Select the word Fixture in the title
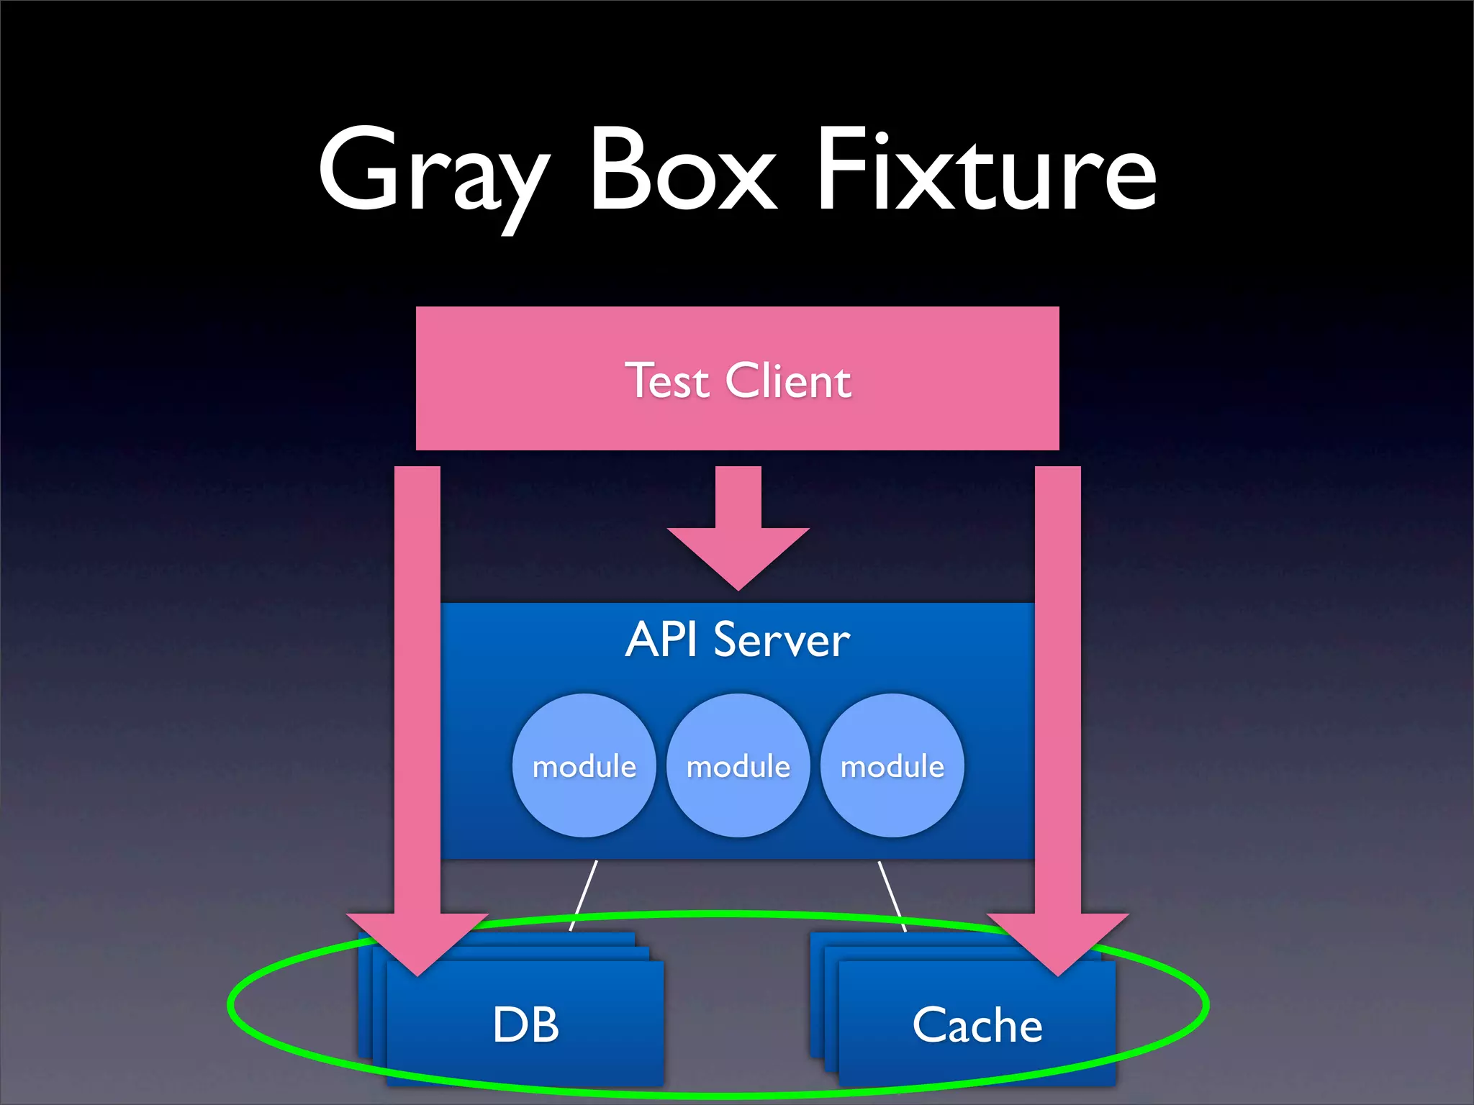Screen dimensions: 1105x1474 [x=986, y=173]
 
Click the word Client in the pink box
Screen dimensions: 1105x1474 [x=788, y=381]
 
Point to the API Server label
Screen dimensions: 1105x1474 [x=737, y=640]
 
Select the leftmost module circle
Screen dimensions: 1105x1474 [x=584, y=765]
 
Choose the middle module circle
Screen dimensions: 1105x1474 [x=738, y=765]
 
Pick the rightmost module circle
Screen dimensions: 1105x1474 [x=892, y=765]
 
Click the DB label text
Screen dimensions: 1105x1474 [x=525, y=1024]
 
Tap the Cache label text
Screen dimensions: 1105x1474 [x=977, y=1024]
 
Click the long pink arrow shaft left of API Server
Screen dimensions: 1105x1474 [x=417, y=683]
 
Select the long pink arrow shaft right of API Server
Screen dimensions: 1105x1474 [x=1057, y=683]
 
